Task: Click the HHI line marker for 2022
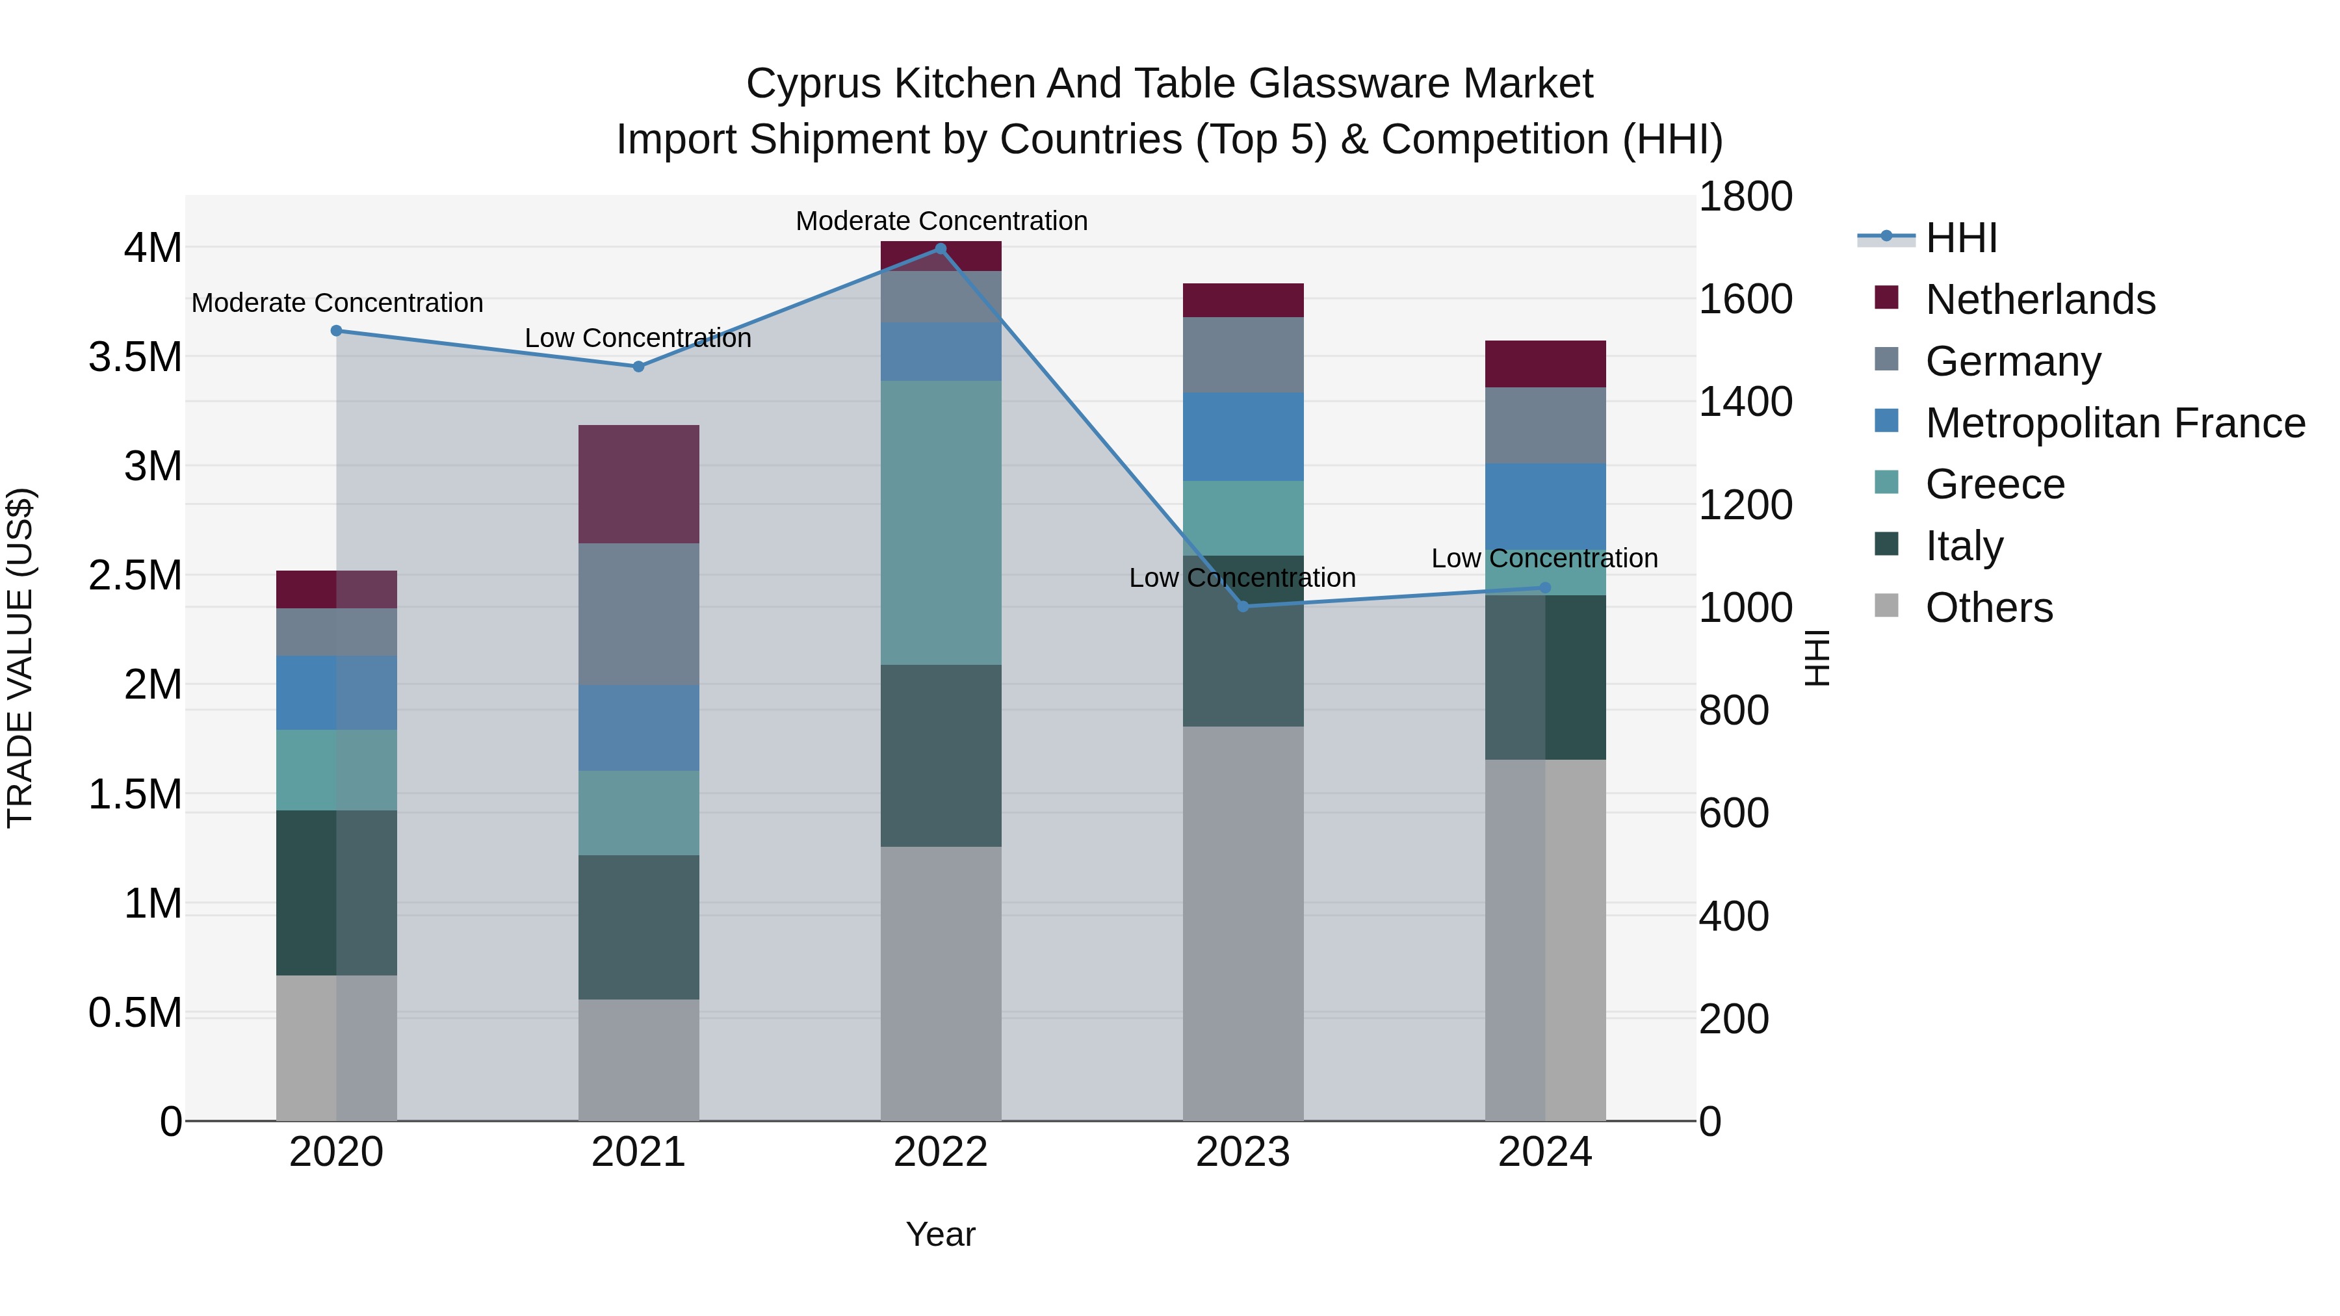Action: [x=940, y=249]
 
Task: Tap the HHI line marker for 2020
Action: [x=336, y=331]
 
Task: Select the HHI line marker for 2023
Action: [x=1243, y=606]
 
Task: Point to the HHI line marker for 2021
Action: [x=638, y=367]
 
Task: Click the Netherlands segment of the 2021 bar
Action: [x=638, y=484]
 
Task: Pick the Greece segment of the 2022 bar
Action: [x=940, y=523]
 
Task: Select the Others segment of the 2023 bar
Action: [x=1243, y=923]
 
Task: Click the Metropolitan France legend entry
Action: [x=2114, y=423]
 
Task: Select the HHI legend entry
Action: [x=1960, y=238]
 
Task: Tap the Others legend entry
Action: [x=1988, y=608]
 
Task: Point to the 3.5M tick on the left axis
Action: [x=135, y=357]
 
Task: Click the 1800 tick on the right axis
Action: [x=1745, y=196]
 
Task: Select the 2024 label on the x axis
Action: [x=1544, y=1152]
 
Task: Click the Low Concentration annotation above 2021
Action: [x=638, y=338]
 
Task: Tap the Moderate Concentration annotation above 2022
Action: [x=941, y=221]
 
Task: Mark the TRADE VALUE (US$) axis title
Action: [x=21, y=658]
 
